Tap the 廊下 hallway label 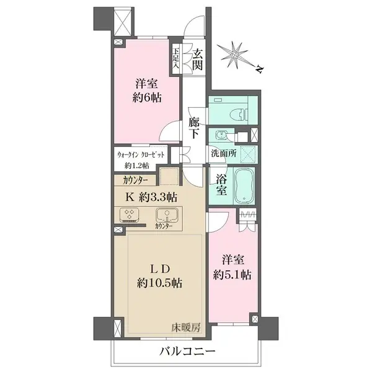tap(194, 128)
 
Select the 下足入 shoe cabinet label tap(176, 57)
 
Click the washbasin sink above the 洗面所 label tap(221, 136)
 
